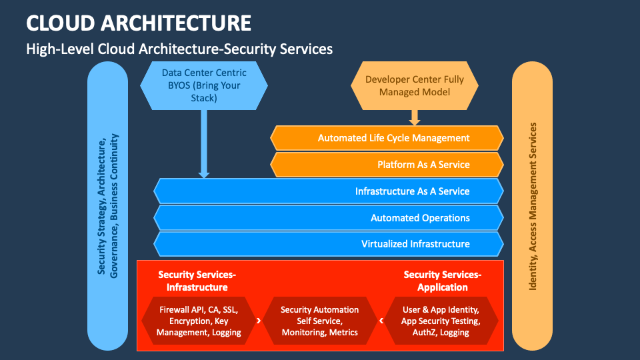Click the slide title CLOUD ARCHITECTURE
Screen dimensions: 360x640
click(139, 23)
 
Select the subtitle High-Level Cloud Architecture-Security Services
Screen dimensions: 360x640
click(179, 49)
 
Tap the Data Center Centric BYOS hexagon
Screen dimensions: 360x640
click(204, 85)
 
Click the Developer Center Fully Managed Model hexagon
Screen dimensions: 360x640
click(414, 85)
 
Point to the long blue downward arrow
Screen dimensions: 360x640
click(204, 143)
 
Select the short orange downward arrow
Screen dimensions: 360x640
click(415, 117)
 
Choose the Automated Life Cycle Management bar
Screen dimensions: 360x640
click(387, 138)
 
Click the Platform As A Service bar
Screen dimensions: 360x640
click(387, 165)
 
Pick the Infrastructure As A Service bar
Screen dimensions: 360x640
click(328, 191)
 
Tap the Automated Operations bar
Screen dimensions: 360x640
click(328, 218)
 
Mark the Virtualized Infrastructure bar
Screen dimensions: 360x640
click(328, 244)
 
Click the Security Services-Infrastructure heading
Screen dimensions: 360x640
click(197, 281)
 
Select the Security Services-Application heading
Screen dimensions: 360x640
click(442, 281)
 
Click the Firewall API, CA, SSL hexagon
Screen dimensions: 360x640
click(199, 321)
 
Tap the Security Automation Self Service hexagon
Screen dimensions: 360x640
click(319, 321)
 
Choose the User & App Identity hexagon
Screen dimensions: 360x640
click(440, 321)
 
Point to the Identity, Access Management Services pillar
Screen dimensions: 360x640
click(532, 207)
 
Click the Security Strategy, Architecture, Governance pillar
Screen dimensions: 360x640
click(107, 207)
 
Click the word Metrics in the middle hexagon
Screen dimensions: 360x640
click(343, 332)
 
